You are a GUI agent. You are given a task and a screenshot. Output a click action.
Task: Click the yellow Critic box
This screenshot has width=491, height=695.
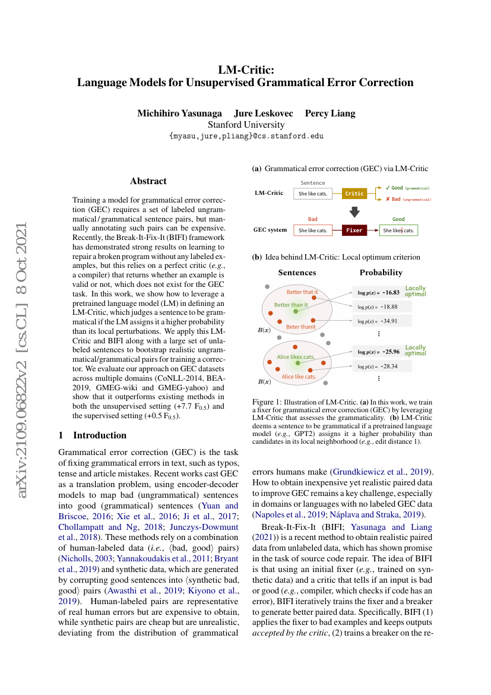(354, 193)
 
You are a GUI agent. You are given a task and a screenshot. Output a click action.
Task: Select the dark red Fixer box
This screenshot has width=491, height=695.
(354, 230)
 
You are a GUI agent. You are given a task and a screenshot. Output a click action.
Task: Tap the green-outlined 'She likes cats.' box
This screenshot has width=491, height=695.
(399, 230)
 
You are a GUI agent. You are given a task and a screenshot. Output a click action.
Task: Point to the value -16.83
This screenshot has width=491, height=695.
(391, 292)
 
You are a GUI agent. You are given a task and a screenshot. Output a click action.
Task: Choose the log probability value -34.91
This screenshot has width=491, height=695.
(389, 321)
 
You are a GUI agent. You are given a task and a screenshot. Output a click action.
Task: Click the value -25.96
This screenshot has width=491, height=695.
(391, 352)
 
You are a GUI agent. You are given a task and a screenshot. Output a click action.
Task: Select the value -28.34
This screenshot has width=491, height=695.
(389, 366)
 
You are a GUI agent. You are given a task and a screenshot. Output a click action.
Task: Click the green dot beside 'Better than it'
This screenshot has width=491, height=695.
(296, 311)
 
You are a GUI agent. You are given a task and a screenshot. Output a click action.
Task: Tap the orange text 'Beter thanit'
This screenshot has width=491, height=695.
(301, 327)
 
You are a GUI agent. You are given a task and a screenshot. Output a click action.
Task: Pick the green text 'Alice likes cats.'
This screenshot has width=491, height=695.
(296, 357)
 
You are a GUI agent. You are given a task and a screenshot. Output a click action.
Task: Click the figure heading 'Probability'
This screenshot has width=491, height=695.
(381, 273)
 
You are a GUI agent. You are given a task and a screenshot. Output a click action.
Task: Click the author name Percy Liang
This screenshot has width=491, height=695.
(330, 113)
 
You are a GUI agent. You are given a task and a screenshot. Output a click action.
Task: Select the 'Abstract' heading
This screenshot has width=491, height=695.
(148, 181)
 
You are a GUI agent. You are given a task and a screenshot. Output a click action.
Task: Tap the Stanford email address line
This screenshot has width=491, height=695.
(246, 136)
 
